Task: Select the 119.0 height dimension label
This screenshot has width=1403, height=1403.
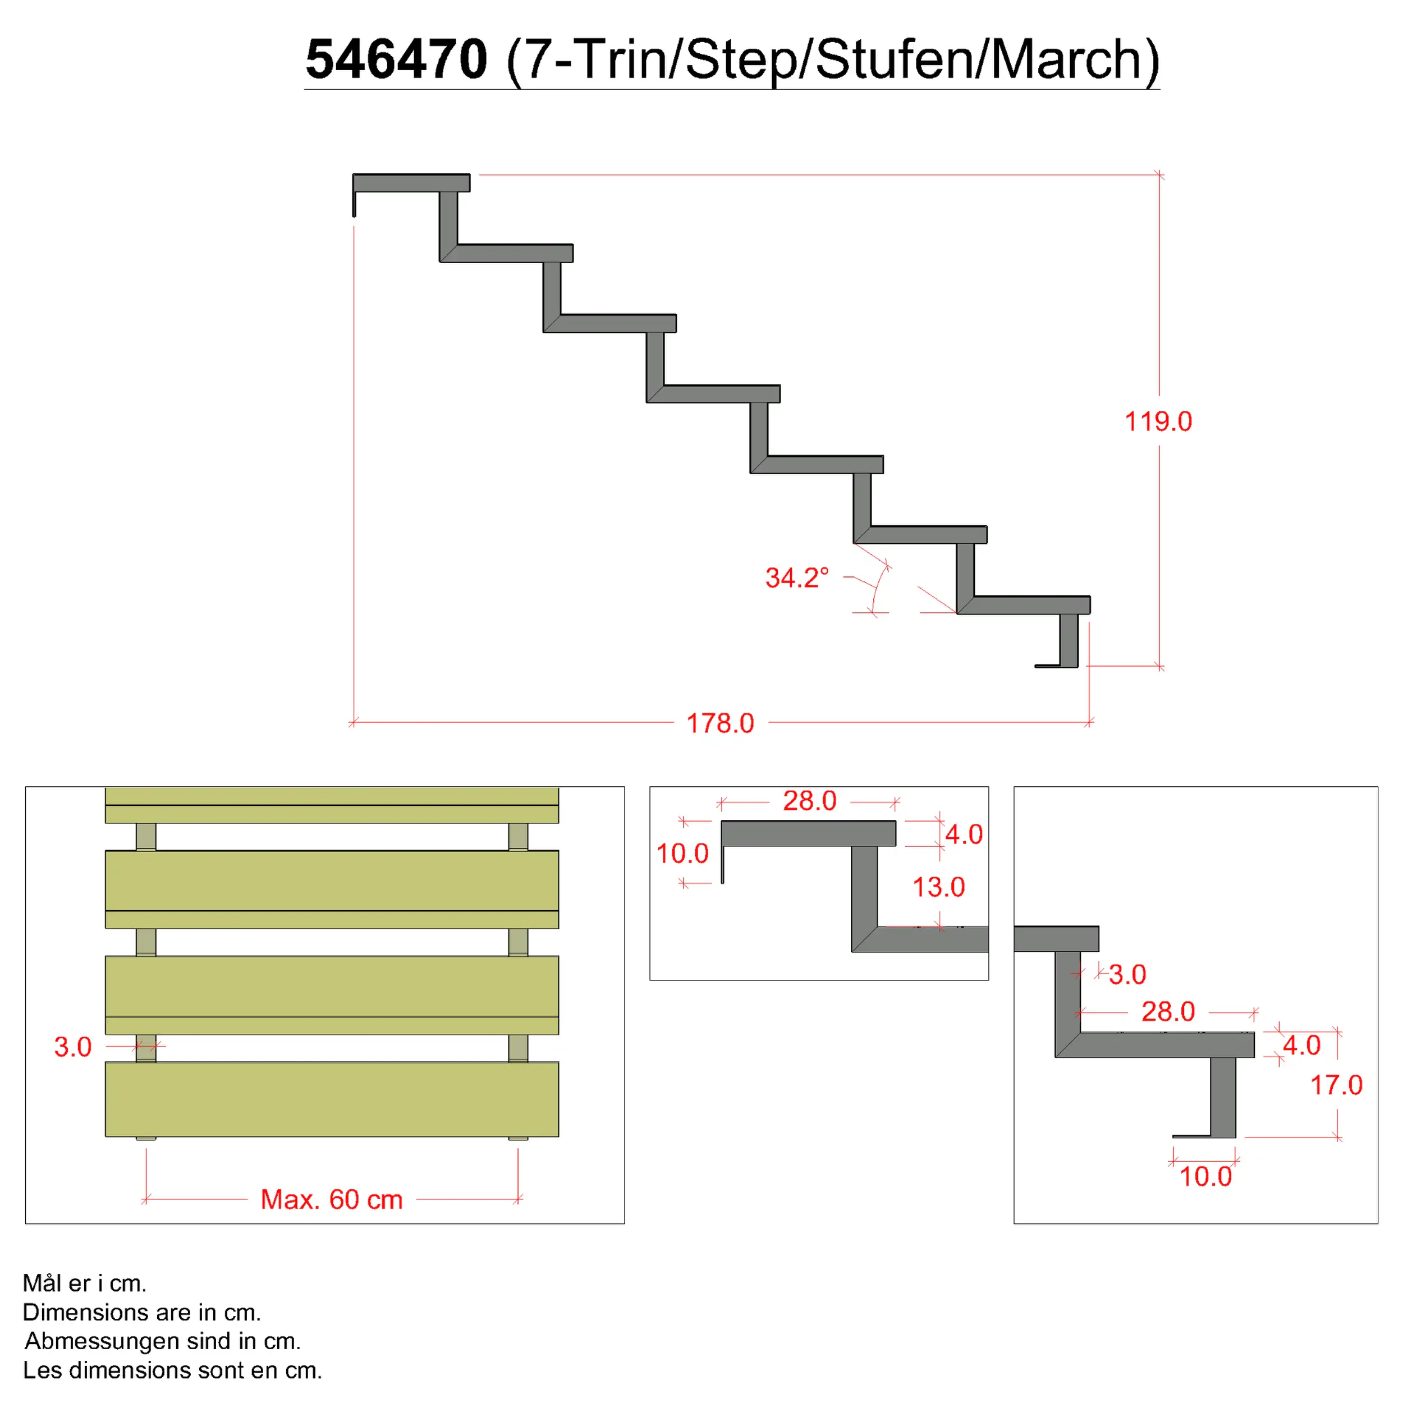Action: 1158,421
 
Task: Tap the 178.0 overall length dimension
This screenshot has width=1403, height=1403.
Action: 721,723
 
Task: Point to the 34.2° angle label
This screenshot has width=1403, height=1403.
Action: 797,578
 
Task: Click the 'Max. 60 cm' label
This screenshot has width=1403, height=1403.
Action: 332,1200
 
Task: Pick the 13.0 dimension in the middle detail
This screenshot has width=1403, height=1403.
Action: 938,887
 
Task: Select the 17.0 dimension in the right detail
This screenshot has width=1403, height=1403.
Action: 1336,1085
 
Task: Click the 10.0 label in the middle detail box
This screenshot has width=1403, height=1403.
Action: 682,853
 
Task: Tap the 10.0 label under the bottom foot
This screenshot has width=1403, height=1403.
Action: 1205,1176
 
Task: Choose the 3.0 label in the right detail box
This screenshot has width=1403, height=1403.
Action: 1127,975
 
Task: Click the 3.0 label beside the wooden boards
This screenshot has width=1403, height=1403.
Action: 72,1047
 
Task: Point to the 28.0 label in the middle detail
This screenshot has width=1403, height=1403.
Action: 810,801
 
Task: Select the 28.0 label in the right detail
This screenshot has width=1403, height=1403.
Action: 1168,1012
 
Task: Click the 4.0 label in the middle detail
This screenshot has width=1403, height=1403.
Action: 964,835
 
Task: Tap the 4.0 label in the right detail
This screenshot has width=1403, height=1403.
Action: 1301,1046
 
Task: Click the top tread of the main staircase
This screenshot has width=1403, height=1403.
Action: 411,183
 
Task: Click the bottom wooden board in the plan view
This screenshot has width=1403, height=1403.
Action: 332,1099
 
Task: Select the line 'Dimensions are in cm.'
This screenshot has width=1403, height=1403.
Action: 141,1312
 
